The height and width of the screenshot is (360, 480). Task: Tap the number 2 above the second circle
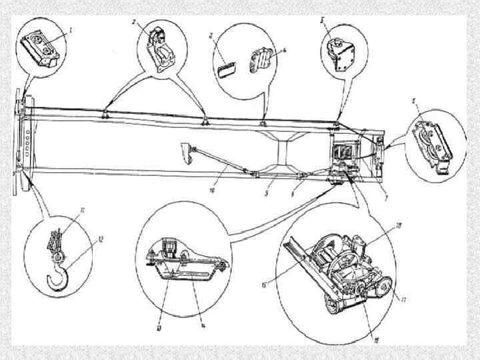pos(134,22)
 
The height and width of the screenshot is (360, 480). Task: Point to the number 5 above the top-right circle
pos(323,21)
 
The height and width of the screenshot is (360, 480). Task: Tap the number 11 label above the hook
pos(82,211)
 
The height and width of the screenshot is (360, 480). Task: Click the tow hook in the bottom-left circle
pos(59,275)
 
